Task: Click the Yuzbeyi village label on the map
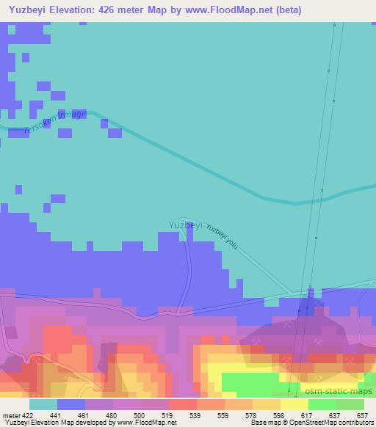click(x=185, y=225)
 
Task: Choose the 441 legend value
click(x=57, y=415)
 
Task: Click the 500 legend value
click(x=141, y=415)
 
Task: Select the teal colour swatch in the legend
click(x=43, y=404)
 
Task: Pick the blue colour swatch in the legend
click(x=71, y=404)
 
